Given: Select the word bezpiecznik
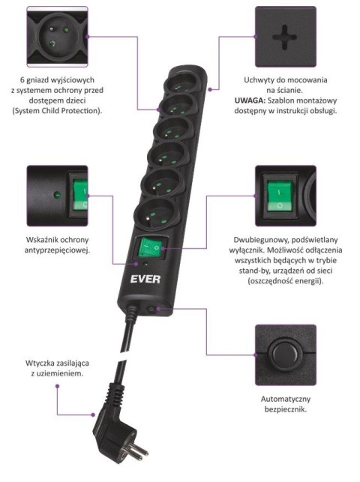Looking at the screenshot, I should tap(279, 411).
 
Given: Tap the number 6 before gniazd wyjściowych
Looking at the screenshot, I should tap(24, 79).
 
